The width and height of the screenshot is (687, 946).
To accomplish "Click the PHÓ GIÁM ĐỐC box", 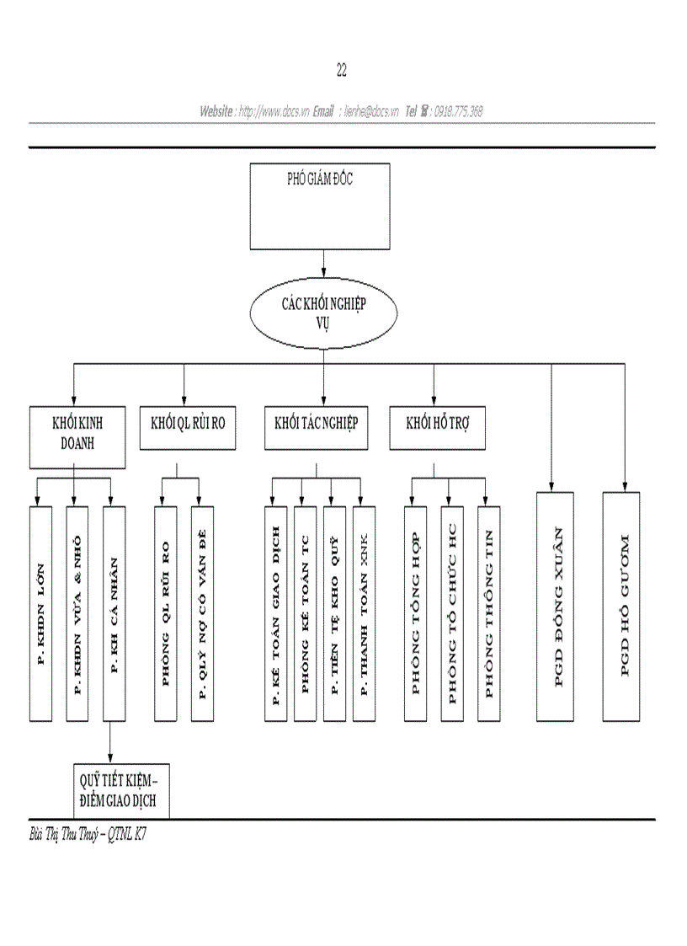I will (320, 206).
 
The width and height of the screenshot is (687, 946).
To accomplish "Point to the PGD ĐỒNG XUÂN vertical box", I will (556, 607).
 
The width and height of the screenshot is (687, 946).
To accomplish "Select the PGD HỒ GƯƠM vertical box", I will (621, 607).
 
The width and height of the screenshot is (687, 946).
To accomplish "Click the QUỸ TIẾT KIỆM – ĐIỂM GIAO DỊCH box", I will (119, 792).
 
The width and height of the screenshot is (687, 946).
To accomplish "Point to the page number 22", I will (342, 71).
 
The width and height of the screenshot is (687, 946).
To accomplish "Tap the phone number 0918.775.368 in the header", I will (458, 111).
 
